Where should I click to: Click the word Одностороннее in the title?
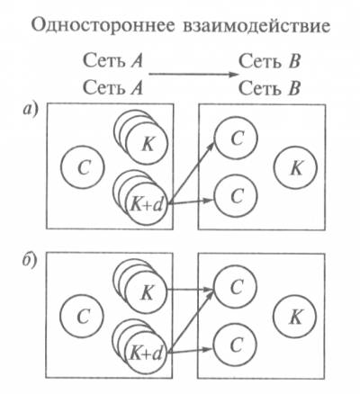pos(103,26)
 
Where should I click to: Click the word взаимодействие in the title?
pos(256,26)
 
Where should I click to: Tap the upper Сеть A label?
pos(112,61)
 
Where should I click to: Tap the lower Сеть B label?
pos(269,88)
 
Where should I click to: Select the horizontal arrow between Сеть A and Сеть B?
pos(193,75)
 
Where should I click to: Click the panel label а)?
pos(31,110)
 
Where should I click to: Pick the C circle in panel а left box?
pos(83,167)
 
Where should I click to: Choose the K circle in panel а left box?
pos(147,144)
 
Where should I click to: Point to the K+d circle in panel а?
pos(147,204)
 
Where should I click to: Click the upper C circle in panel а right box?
pos(236,138)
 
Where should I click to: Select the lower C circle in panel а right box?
pos(236,196)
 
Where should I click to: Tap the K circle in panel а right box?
pos(295,167)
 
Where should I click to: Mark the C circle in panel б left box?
pos(82,316)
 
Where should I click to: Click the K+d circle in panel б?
pos(146,354)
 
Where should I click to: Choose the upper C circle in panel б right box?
pos(236,287)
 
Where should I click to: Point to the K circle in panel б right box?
pos(294,317)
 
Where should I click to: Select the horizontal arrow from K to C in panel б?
pos(190,290)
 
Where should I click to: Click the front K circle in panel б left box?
pos(146,293)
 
